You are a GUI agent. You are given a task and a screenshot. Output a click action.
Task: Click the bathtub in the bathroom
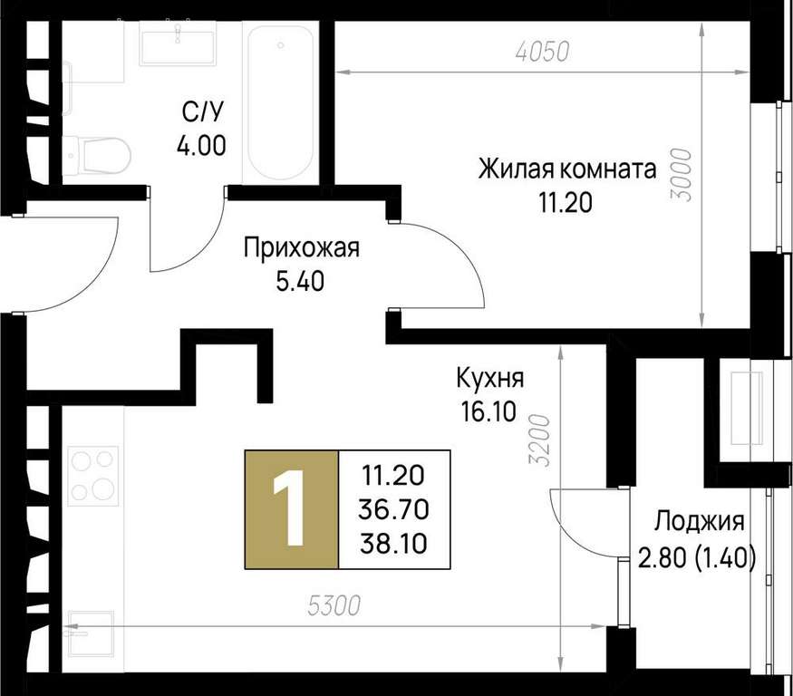pos(281,102)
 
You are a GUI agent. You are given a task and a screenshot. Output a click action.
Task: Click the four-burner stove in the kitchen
pos(93,476)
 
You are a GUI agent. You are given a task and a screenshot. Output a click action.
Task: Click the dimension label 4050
pos(543,52)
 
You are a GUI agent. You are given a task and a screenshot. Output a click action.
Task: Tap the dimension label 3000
pos(683,175)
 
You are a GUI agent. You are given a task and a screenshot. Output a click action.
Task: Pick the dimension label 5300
pos(334,605)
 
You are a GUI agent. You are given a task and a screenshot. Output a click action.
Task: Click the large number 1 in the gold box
pos(289,507)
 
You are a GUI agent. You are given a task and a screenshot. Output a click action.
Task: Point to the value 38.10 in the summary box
pos(393,544)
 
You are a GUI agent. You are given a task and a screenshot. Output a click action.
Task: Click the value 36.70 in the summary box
pos(393,509)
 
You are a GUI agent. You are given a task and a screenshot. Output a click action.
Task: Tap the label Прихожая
pos(302,249)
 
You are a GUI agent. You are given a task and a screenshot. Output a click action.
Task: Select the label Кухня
pos(489,378)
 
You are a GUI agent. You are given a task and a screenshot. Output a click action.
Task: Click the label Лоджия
pos(700,521)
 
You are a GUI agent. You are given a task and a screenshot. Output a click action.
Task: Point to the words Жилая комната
pos(567,169)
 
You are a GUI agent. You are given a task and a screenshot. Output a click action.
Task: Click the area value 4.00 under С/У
pos(201,146)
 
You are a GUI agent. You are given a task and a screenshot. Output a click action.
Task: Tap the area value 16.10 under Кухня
pos(488,411)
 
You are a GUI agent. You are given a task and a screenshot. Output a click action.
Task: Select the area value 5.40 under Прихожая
pos(300,282)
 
